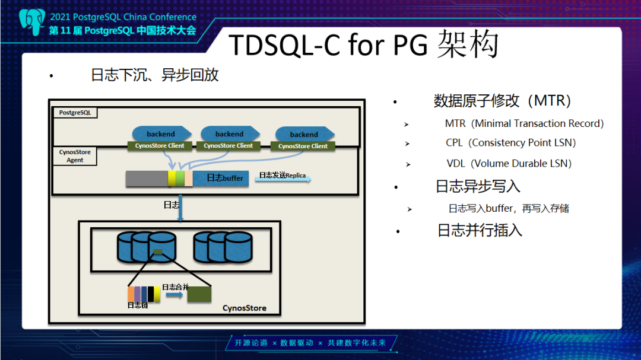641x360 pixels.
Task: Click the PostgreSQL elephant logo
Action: point(32,22)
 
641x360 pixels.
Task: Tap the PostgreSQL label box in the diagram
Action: point(75,113)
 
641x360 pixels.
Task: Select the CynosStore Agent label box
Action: point(75,156)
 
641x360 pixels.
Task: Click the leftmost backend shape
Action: point(161,133)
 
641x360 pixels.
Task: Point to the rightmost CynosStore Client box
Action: point(303,146)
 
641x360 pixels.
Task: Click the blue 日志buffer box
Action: point(221,178)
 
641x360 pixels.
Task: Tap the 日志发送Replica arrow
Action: point(283,177)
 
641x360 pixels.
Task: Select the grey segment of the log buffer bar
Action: point(147,179)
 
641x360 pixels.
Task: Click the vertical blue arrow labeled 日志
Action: point(180,208)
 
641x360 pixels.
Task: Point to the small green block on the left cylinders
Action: point(158,251)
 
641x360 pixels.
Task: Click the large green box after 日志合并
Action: point(199,294)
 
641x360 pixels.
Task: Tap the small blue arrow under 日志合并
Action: point(174,295)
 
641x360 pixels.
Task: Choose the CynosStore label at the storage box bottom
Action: point(245,308)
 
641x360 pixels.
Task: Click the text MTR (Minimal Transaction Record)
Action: point(524,123)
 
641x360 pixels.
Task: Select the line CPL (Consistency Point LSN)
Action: point(510,142)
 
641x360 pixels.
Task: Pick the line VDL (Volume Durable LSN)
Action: point(509,164)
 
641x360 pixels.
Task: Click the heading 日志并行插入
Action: point(480,231)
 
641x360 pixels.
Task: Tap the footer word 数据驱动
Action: point(296,343)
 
